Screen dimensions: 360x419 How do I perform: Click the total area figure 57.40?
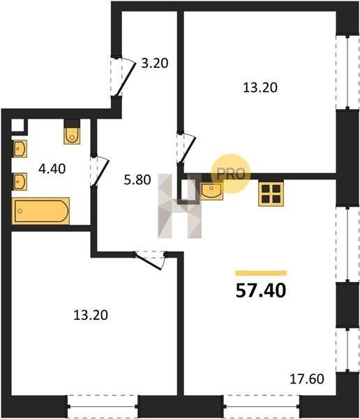(261, 291)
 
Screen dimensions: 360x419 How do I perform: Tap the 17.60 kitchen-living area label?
(307, 378)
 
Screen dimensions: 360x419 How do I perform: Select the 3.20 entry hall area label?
(155, 64)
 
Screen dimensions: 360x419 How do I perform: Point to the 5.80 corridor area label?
(137, 180)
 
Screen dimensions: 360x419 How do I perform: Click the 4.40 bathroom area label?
(52, 169)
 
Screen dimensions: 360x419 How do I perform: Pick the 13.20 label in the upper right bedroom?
(260, 88)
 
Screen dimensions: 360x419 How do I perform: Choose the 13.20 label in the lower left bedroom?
(91, 315)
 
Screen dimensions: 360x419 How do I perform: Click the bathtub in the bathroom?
(40, 211)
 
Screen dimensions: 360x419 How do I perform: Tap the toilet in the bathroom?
(72, 135)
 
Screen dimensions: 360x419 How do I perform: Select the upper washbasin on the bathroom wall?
(20, 149)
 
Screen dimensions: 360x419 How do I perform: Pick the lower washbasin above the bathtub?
(20, 182)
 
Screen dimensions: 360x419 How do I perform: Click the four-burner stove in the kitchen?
(271, 194)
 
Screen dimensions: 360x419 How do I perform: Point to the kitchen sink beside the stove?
(211, 191)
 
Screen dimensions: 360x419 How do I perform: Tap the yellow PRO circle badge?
(231, 174)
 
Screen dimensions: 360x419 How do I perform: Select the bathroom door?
(99, 171)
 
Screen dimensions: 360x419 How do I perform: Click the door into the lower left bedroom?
(150, 260)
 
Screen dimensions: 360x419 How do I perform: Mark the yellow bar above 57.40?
(261, 273)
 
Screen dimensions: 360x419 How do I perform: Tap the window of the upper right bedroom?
(347, 72)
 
